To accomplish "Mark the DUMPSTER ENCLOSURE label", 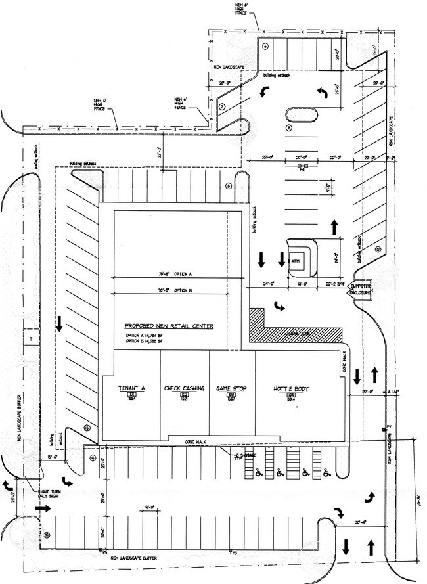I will coord(361,290).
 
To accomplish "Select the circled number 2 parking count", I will coord(222,106).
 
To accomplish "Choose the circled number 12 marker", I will coord(378,249).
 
